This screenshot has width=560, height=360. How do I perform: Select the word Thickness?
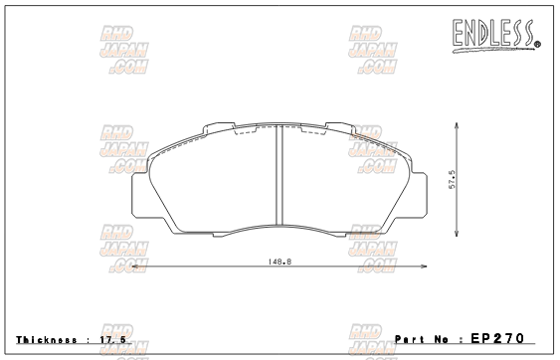click(x=46, y=339)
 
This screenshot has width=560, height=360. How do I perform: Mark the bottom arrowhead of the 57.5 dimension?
click(x=457, y=236)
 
